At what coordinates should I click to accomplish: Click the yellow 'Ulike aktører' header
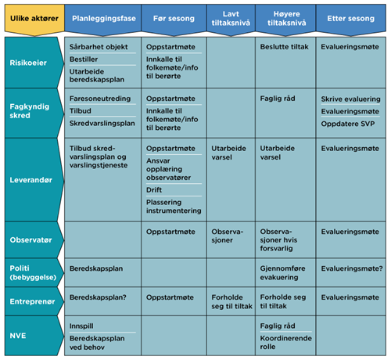click(x=34, y=20)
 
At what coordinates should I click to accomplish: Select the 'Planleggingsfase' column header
click(x=103, y=20)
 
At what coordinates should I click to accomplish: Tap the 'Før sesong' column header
click(x=174, y=20)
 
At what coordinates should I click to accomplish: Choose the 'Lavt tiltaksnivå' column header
click(x=231, y=20)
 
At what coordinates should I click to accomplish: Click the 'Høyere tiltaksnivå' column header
click(x=286, y=20)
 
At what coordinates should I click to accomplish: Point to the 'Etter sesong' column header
click(x=351, y=20)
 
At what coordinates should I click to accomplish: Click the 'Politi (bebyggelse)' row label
click(x=34, y=272)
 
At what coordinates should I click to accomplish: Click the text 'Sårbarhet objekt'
click(x=99, y=47)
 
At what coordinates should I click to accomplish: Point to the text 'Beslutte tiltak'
click(x=284, y=47)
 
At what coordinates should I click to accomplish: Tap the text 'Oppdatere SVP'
click(x=348, y=124)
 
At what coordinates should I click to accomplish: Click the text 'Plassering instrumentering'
click(x=174, y=207)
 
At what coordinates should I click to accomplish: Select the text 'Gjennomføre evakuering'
click(x=282, y=272)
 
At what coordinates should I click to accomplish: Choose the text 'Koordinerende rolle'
click(x=285, y=342)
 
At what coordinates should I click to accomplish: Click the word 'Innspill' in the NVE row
click(x=81, y=326)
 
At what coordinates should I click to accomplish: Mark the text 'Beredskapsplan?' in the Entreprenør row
click(x=98, y=297)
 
